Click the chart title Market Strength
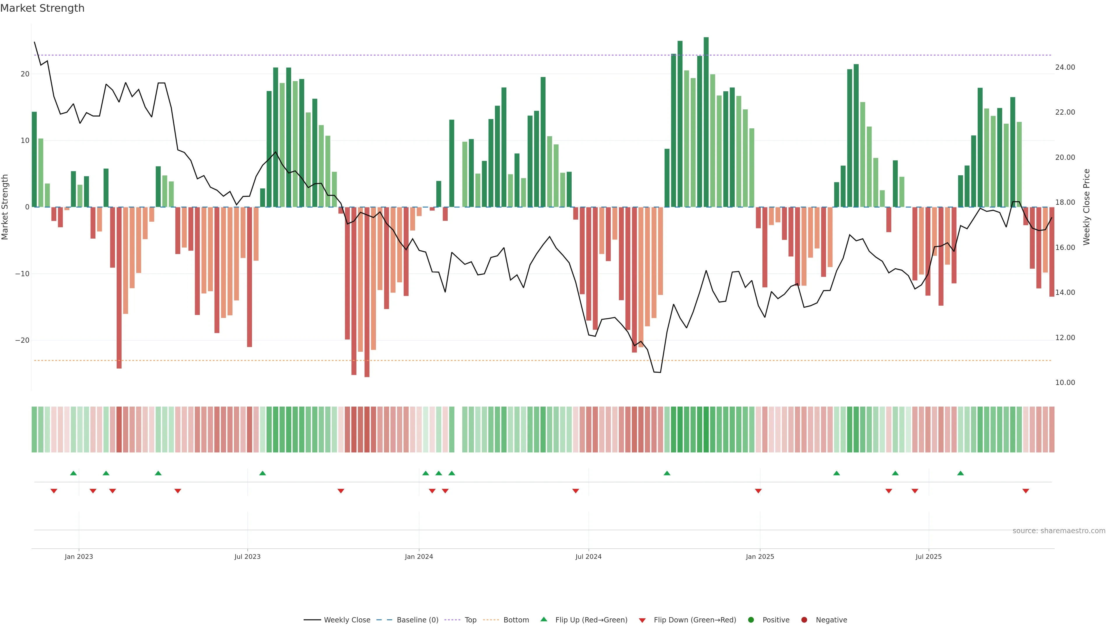(x=42, y=8)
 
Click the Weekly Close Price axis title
(x=1086, y=207)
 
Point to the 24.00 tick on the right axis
(x=1065, y=67)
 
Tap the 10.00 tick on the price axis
(x=1065, y=383)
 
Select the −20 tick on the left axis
(x=22, y=340)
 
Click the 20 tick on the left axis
(x=25, y=74)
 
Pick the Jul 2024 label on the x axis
(x=588, y=556)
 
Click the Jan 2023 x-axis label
(x=79, y=556)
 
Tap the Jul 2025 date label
(x=928, y=556)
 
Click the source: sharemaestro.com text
(x=1059, y=531)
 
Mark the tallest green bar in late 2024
(x=706, y=122)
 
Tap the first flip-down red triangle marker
(x=54, y=491)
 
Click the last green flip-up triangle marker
(x=960, y=473)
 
